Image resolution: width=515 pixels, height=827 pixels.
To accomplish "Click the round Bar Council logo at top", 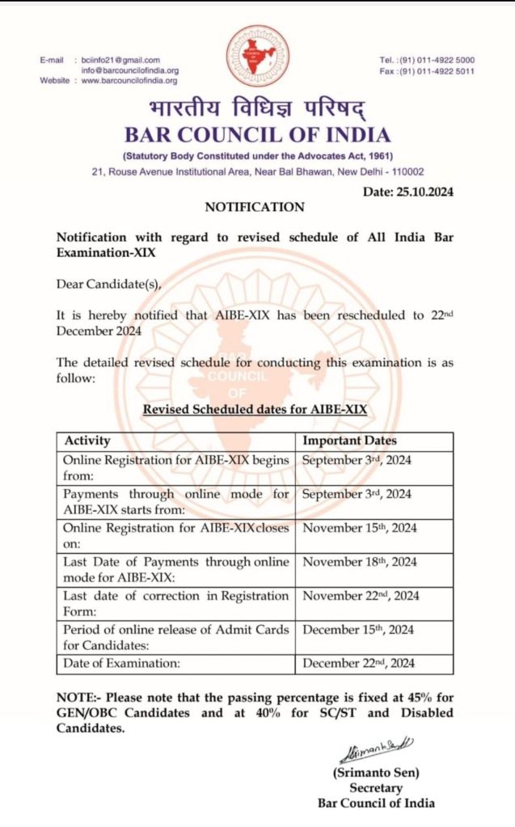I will click(257, 57).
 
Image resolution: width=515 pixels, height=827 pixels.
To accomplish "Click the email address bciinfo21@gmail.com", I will click(120, 60).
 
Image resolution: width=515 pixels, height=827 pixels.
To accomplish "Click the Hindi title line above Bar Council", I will click(257, 109).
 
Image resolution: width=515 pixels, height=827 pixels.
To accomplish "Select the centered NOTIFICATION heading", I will click(255, 208).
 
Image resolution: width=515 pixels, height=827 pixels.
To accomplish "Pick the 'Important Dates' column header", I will click(350, 441).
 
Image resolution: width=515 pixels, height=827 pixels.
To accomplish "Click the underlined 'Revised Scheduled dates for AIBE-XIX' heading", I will click(255, 410).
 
